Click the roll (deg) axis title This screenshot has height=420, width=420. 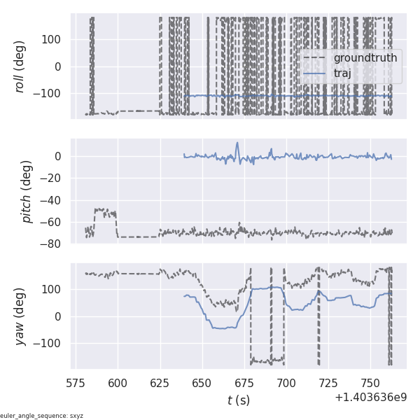click(x=20, y=66)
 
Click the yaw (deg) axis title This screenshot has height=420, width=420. click(x=20, y=316)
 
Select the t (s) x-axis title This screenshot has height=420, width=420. click(x=239, y=400)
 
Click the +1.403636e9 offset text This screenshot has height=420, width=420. click(x=371, y=397)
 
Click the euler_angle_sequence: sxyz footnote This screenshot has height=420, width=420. click(x=42, y=416)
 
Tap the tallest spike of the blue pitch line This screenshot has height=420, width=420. click(x=237, y=143)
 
